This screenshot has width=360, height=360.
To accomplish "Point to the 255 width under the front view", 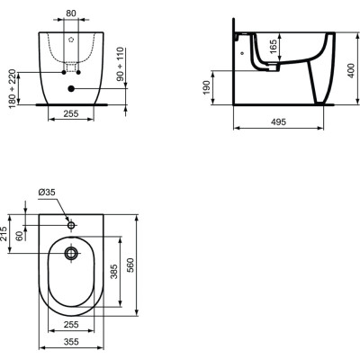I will coord(72,115).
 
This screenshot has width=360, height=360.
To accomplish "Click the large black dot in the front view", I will coord(72,88).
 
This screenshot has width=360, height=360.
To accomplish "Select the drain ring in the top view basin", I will coord(72,255).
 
